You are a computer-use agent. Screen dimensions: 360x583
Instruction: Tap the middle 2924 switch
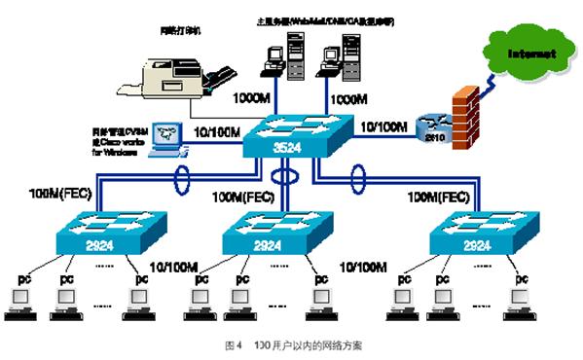281,234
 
